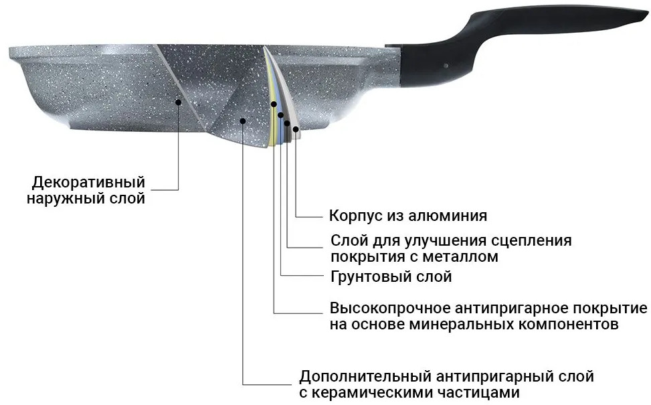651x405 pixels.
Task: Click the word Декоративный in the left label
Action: pyautogui.click(x=89, y=182)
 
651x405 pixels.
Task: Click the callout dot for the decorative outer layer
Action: pyautogui.click(x=179, y=102)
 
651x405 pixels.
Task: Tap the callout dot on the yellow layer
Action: pyautogui.click(x=274, y=104)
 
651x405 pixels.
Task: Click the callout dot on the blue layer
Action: pyautogui.click(x=280, y=114)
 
